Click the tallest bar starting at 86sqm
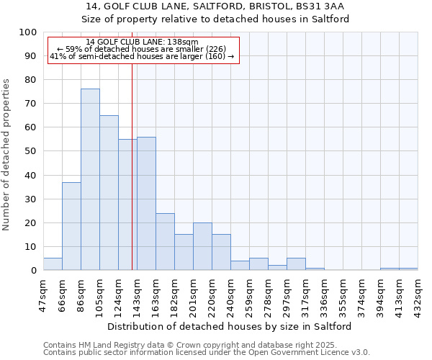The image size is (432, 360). (x=90, y=179)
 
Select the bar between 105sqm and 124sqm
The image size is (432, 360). (x=109, y=192)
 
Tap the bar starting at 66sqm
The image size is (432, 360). (x=71, y=226)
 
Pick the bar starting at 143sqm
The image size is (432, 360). (x=146, y=203)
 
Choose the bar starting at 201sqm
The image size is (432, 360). (x=202, y=246)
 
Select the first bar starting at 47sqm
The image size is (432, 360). (x=53, y=264)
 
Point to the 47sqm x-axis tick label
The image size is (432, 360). (x=43, y=292)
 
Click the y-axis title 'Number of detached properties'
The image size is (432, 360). (x=7, y=155)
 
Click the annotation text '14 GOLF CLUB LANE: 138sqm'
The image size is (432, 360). (x=142, y=42)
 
